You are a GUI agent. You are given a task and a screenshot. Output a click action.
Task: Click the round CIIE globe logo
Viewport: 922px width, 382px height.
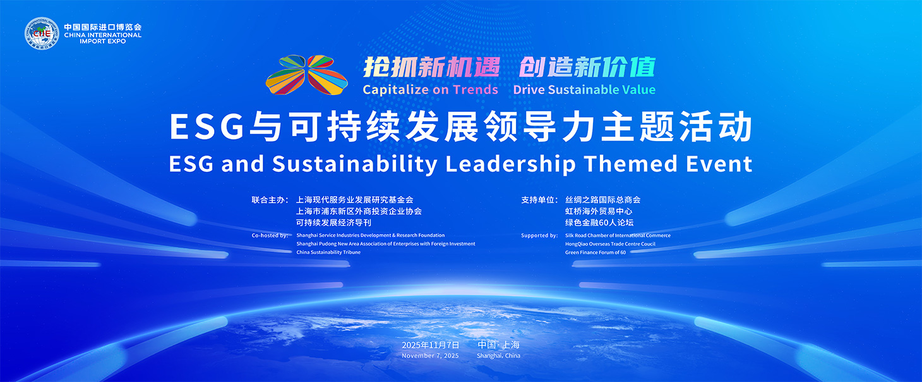tap(42, 34)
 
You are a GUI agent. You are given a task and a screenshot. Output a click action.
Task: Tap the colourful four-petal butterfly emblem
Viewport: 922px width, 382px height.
tap(307, 75)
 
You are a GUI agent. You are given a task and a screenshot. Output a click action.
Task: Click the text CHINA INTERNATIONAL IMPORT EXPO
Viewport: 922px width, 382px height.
tap(103, 38)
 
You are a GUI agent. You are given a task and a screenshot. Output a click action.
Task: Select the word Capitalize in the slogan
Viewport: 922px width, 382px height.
tap(395, 89)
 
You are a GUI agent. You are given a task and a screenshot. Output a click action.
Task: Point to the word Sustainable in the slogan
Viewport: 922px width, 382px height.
tap(585, 89)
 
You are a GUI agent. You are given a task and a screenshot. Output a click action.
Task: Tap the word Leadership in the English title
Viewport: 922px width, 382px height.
tap(510, 164)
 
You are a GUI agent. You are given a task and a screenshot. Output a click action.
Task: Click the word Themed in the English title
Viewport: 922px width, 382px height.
tap(630, 164)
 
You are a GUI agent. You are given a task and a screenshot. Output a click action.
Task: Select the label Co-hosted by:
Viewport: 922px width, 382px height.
tap(270, 235)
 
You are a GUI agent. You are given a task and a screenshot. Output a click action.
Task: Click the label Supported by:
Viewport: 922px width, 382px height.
tap(539, 235)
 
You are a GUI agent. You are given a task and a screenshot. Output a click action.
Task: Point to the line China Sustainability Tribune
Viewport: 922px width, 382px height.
tap(328, 252)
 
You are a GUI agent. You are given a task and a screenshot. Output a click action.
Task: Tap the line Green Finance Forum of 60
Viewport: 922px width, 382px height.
tap(595, 252)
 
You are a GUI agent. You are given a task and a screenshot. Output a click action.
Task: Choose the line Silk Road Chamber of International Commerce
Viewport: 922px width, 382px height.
tap(618, 235)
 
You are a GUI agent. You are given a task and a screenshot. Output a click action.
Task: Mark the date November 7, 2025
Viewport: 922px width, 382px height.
tap(430, 355)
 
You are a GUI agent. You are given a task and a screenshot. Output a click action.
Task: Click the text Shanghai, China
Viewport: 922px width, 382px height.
tap(498, 355)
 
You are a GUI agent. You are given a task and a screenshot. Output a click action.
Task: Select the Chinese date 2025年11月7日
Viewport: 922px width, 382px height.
tap(431, 345)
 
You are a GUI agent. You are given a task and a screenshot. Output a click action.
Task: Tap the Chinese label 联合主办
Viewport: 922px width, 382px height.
tap(268, 200)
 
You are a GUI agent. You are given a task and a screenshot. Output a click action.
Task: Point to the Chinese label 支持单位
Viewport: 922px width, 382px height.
tap(537, 200)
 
